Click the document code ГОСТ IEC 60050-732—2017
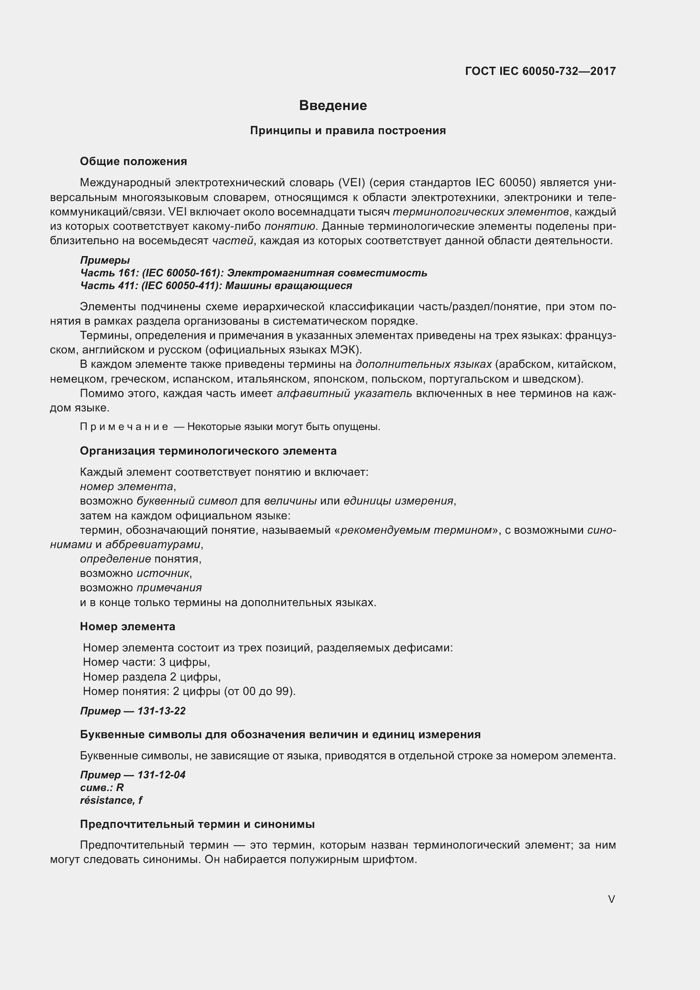[x=540, y=71]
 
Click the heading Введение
[x=333, y=106]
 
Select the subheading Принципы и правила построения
[x=348, y=131]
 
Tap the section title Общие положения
[x=133, y=161]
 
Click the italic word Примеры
[x=105, y=260]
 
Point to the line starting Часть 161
[x=254, y=273]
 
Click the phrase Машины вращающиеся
[x=288, y=285]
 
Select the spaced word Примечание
[x=124, y=427]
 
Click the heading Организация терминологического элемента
[x=208, y=451]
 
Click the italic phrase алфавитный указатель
[x=344, y=393]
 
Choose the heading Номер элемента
[x=127, y=626]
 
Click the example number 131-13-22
[x=161, y=711]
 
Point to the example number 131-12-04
[x=161, y=775]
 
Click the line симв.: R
[x=102, y=787]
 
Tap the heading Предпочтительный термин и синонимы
[x=197, y=824]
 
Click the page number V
[x=611, y=899]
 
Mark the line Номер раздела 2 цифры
[x=152, y=676]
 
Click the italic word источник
[x=163, y=573]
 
